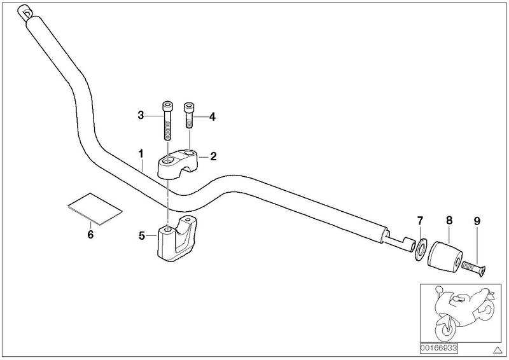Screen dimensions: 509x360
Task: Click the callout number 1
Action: point(141,153)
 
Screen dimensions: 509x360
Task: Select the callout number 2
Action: point(213,156)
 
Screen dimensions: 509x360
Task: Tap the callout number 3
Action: point(141,115)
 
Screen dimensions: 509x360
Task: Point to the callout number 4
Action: point(213,117)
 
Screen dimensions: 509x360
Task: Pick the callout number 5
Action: point(141,236)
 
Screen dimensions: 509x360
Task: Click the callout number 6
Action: point(90,234)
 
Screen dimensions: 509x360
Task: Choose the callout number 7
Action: point(420,221)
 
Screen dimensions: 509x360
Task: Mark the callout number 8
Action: point(449,221)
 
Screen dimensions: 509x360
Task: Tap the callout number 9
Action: point(477,221)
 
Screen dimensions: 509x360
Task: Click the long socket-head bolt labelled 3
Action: point(167,121)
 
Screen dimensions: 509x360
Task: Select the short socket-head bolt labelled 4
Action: point(188,115)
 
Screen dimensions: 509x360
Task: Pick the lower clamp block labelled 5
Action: point(177,239)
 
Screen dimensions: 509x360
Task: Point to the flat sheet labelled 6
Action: point(95,209)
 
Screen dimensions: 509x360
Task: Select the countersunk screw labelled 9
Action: point(474,269)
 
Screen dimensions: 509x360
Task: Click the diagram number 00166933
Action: point(439,349)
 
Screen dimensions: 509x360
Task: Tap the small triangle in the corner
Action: point(497,350)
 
